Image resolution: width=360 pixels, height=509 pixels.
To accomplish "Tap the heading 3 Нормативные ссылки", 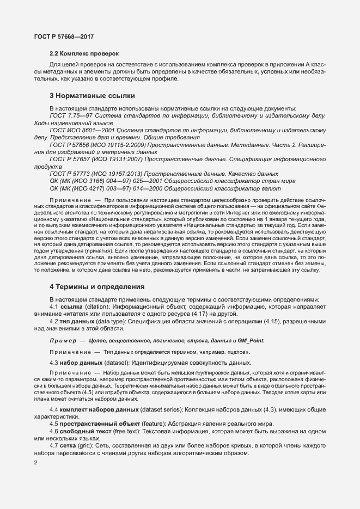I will pyautogui.click(x=92, y=96).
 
